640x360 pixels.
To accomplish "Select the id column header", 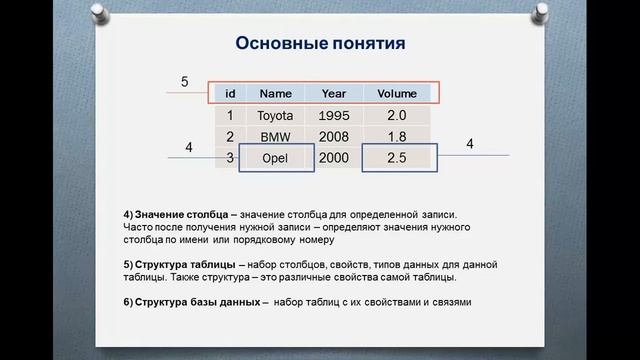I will tap(230, 94).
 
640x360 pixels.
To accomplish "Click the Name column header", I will tap(275, 94).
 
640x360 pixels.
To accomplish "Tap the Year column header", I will tap(333, 94).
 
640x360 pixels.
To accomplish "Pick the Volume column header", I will tap(397, 94).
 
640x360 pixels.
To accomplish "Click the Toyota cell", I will tap(275, 116).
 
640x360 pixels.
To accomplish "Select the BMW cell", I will tap(275, 137).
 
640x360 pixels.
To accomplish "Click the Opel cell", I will tap(275, 159).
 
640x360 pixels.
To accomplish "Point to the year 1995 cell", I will tap(334, 116).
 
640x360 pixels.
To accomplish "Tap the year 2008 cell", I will tap(334, 137).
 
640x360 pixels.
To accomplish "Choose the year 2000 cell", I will tap(334, 159).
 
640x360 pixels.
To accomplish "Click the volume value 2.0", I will tap(397, 116).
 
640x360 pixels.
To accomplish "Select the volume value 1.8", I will tap(397, 137).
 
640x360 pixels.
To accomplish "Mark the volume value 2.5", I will tap(397, 159).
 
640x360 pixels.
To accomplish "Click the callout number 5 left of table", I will tap(184, 82).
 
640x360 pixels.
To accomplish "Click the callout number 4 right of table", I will tap(470, 145).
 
